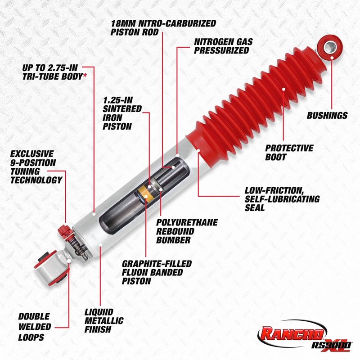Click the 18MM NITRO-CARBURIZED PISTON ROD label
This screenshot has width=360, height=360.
click(163, 27)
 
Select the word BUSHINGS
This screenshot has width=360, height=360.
click(327, 116)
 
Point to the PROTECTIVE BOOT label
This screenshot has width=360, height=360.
click(288, 152)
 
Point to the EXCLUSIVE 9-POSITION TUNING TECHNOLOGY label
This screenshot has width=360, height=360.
click(36, 166)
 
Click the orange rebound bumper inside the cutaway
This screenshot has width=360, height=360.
click(144, 194)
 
